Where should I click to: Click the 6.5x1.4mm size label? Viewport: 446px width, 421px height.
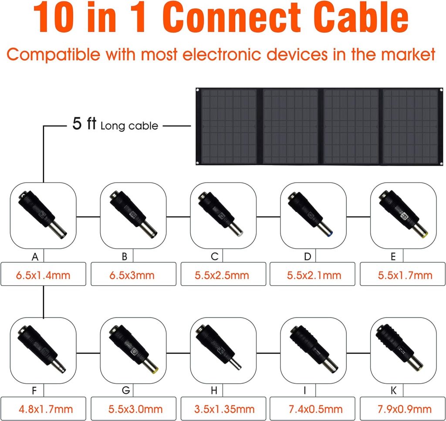[x=43, y=275]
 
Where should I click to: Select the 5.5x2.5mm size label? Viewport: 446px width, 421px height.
[x=222, y=275]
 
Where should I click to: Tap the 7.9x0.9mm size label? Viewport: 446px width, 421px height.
[x=405, y=409]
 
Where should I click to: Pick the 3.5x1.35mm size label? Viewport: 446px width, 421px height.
[x=224, y=409]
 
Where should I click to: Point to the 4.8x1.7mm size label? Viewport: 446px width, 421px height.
[x=46, y=409]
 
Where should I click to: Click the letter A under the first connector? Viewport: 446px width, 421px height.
[x=35, y=257]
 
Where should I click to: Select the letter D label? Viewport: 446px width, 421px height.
[x=307, y=257]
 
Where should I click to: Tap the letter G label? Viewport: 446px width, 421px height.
[x=126, y=390]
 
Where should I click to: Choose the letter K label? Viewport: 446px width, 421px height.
[x=393, y=390]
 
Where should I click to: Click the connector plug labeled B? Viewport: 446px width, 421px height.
[x=133, y=214]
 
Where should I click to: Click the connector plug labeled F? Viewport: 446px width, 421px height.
[x=41, y=349]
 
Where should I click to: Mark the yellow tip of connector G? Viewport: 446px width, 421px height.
[x=155, y=371]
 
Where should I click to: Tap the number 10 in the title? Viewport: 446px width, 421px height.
[x=54, y=17]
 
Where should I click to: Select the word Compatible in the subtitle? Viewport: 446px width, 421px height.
[x=54, y=54]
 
